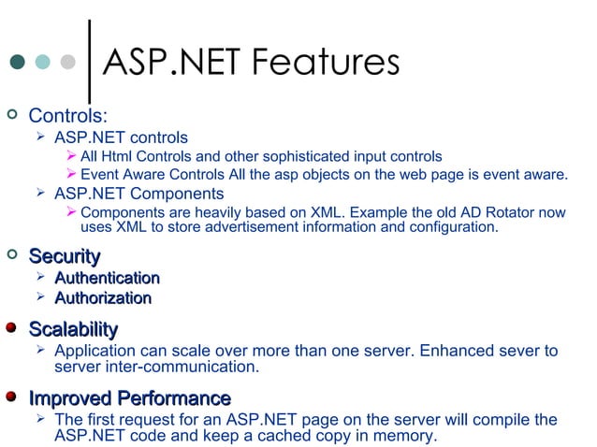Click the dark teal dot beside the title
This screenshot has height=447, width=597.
point(18,63)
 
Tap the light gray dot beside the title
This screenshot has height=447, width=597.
point(66,63)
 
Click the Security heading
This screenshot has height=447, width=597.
point(65,255)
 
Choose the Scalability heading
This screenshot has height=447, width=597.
point(73,328)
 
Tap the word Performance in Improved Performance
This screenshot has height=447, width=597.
point(173,398)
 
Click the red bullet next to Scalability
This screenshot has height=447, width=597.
point(11,327)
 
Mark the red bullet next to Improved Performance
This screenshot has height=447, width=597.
point(11,397)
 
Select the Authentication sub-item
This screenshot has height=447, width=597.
point(107,278)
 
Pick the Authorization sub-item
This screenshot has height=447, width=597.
point(103,298)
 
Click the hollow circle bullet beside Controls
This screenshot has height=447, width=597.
point(11,115)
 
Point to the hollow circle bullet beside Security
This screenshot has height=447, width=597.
point(11,254)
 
